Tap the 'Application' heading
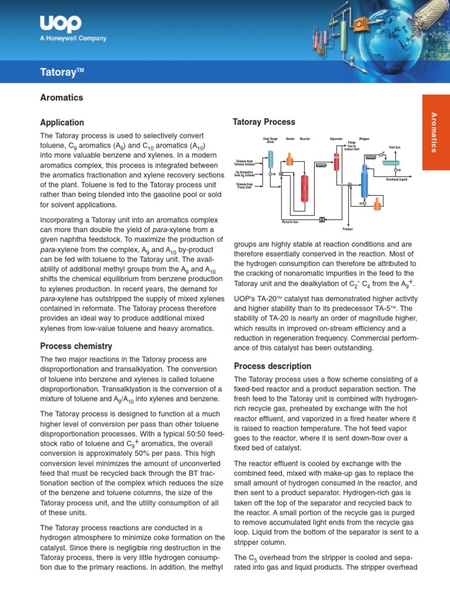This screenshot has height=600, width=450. (62, 122)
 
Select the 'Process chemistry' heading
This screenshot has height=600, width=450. (76, 346)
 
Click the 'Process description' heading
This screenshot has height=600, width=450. (272, 366)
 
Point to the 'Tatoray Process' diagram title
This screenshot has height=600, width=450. (264, 122)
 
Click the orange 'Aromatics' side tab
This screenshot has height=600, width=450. (434, 132)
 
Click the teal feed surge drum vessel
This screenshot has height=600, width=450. (271, 158)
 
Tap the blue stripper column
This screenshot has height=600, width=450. (364, 181)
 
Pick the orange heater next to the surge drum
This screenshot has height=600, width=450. (289, 158)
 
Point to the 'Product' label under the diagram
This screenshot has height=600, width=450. (347, 229)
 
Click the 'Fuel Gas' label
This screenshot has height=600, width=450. (394, 147)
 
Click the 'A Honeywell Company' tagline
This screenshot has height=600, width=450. (73, 39)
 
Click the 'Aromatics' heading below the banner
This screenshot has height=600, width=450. (62, 97)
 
